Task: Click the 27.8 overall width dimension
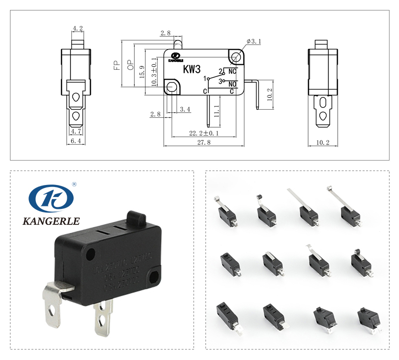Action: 204,142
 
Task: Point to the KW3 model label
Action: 192,68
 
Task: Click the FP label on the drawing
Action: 116,65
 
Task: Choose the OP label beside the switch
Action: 130,65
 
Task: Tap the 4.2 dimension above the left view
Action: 77,29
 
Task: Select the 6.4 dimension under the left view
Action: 76,142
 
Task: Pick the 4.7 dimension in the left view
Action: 76,131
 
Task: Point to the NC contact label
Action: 232,71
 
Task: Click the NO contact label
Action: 232,84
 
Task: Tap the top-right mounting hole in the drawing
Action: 236,56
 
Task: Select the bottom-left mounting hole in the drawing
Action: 173,87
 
